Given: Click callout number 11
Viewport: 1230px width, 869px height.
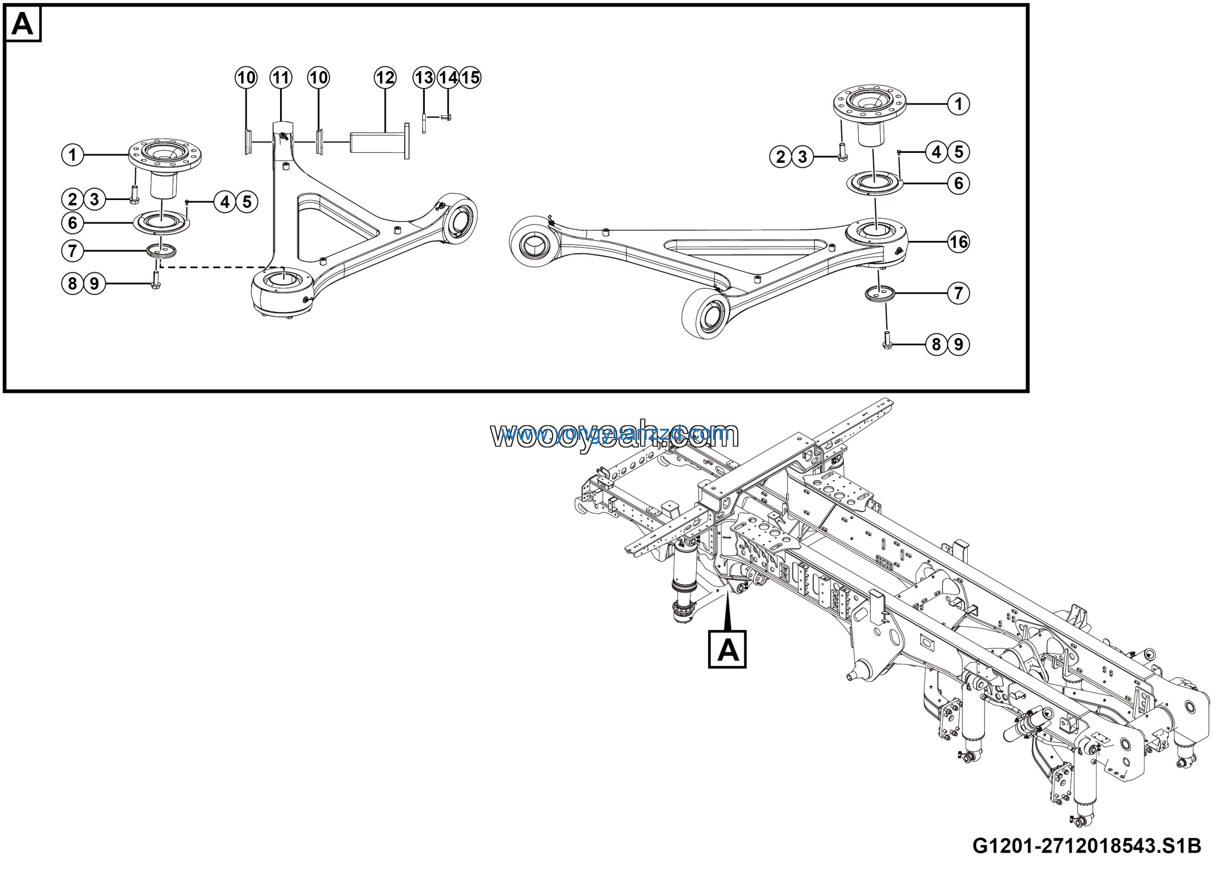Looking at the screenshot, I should pyautogui.click(x=281, y=78).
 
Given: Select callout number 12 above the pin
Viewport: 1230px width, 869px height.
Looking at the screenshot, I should pyautogui.click(x=385, y=78).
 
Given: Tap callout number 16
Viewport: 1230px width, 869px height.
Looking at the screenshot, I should pyautogui.click(x=959, y=242).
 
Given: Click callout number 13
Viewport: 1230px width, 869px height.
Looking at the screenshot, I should pyautogui.click(x=424, y=78).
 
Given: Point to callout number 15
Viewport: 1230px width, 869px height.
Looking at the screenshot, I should pyautogui.click(x=470, y=78).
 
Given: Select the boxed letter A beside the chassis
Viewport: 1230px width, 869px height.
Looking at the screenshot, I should pyautogui.click(x=727, y=649).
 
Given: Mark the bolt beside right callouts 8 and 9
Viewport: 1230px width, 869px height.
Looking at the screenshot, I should pyautogui.click(x=886, y=340).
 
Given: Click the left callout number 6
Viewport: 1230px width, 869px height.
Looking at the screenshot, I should pyautogui.click(x=73, y=223).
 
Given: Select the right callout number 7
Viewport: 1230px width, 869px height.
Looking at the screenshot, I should pyautogui.click(x=959, y=293).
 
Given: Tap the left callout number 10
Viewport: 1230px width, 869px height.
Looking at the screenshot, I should pyautogui.click(x=246, y=78).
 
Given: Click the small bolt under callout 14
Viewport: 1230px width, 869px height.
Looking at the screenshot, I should pyautogui.click(x=447, y=117).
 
